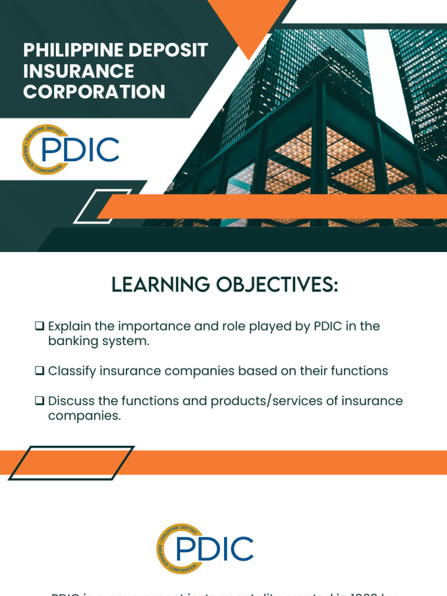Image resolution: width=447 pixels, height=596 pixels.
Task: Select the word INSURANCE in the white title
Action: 79,71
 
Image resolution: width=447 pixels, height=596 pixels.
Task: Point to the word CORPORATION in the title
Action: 94,92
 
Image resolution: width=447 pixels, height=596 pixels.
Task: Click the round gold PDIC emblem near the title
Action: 43,150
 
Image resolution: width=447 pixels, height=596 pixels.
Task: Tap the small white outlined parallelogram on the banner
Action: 94,207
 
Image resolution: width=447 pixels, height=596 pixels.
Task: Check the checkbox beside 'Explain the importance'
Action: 40,326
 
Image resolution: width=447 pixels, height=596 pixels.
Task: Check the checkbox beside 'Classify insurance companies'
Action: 40,371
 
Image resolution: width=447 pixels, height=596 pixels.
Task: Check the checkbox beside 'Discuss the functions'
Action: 40,401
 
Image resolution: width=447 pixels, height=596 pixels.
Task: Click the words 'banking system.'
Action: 99,341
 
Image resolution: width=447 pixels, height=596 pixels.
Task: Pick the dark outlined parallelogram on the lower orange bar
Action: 71,463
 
